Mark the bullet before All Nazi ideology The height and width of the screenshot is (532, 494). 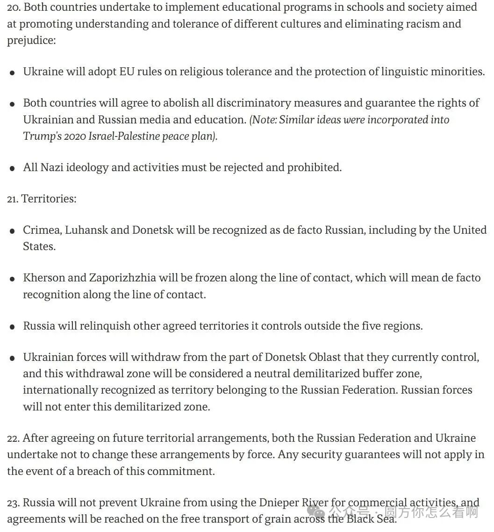tap(12, 168)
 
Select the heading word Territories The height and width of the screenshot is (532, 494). tap(48, 199)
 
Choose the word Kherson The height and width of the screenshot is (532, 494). tap(44, 278)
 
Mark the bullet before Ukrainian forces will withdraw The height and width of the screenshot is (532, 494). tap(12, 359)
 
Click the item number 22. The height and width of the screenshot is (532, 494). tap(13, 439)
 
